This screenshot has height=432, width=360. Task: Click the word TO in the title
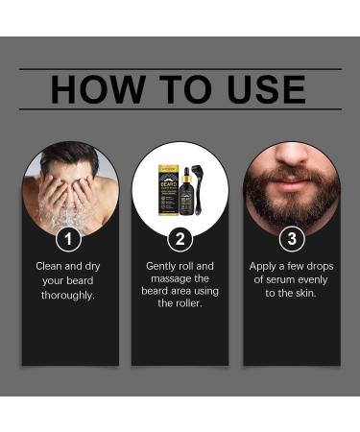(x=175, y=89)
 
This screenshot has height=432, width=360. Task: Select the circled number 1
(x=69, y=237)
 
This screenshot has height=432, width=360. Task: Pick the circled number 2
(x=180, y=237)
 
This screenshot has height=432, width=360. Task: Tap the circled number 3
(x=291, y=237)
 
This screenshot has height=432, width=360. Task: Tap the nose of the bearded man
(x=291, y=154)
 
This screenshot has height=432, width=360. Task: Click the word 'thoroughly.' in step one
(x=69, y=295)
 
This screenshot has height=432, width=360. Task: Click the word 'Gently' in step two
(x=163, y=266)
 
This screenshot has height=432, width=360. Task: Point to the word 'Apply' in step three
(x=266, y=266)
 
